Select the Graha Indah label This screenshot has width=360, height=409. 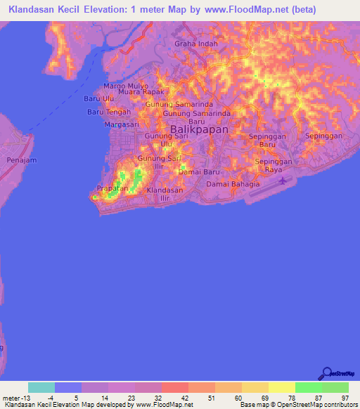(x=196, y=44)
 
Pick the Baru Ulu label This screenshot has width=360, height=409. (x=99, y=99)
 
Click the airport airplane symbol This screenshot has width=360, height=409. (x=283, y=181)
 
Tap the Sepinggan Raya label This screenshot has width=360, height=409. (x=273, y=165)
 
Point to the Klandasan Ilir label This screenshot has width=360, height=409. (x=165, y=194)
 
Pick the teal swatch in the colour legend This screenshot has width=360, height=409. (x=41, y=387)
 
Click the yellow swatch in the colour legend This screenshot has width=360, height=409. (x=282, y=387)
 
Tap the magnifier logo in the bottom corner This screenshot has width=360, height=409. (x=326, y=374)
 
